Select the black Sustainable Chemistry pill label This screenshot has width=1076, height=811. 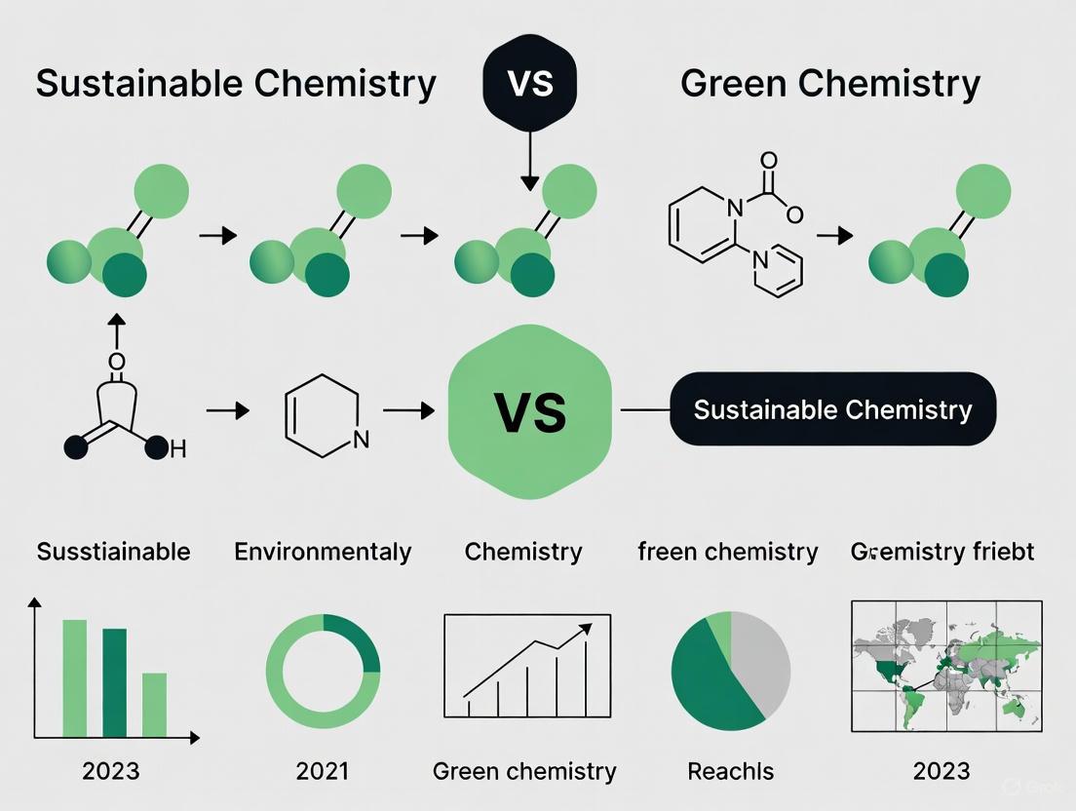click(x=832, y=409)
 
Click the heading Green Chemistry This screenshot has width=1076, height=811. click(x=829, y=85)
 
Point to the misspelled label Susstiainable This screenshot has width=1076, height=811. click(x=113, y=552)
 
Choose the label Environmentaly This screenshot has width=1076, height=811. click(x=323, y=552)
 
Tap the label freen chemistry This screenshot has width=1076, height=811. click(x=727, y=552)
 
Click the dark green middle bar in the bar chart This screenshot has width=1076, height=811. click(x=114, y=682)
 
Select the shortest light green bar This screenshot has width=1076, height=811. click(x=154, y=705)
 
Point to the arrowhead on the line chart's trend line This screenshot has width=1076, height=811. click(x=587, y=629)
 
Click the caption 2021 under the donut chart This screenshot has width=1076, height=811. click(x=322, y=772)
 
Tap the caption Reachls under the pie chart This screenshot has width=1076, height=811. click(x=730, y=772)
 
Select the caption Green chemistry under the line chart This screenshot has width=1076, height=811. click(x=524, y=772)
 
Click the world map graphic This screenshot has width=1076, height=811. click(x=946, y=666)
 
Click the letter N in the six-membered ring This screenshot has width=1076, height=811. click(x=361, y=439)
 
